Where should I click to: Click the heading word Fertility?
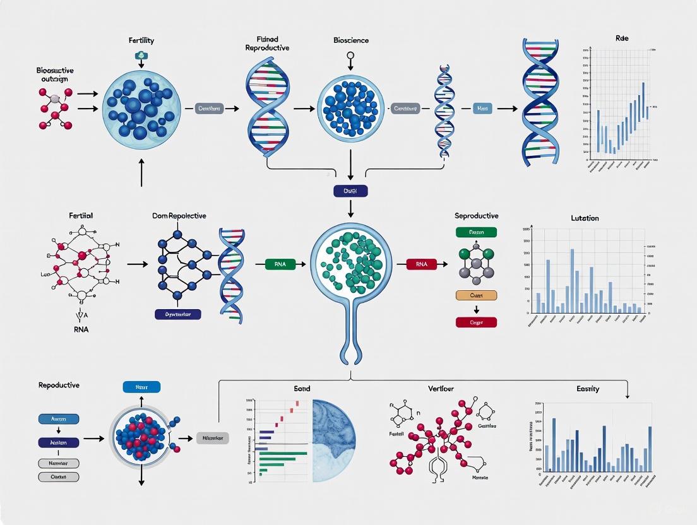141,40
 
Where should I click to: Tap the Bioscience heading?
351,40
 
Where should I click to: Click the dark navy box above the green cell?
350,191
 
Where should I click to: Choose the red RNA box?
422,265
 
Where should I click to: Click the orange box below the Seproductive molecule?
476,295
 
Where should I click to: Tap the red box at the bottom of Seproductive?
476,322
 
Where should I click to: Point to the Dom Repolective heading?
179,216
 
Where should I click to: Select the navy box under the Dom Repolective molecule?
177,314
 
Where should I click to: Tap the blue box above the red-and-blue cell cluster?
141,387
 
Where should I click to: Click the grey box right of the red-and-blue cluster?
213,437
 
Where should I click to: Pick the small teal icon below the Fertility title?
141,57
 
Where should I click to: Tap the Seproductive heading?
476,216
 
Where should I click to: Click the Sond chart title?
302,389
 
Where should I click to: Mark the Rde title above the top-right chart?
622,38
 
